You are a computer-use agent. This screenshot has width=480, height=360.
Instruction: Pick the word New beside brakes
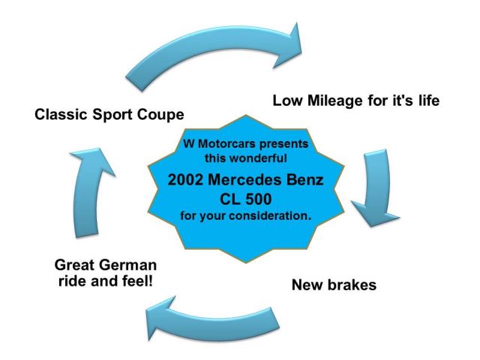[307, 285]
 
